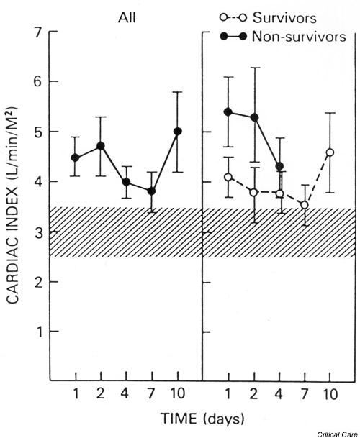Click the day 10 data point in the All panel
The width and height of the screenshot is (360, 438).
point(178,132)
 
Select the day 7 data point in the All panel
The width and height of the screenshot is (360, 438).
point(152,191)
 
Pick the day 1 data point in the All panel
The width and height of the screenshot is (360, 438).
point(76,158)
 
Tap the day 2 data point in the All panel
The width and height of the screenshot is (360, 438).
point(101,146)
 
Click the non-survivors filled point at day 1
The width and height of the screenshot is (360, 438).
point(228,112)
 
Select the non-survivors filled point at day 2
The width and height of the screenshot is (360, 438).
point(253,117)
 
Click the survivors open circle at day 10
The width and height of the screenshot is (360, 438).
point(330,152)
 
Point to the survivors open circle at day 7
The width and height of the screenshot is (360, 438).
point(305,205)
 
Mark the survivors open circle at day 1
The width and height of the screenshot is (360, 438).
point(228,177)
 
